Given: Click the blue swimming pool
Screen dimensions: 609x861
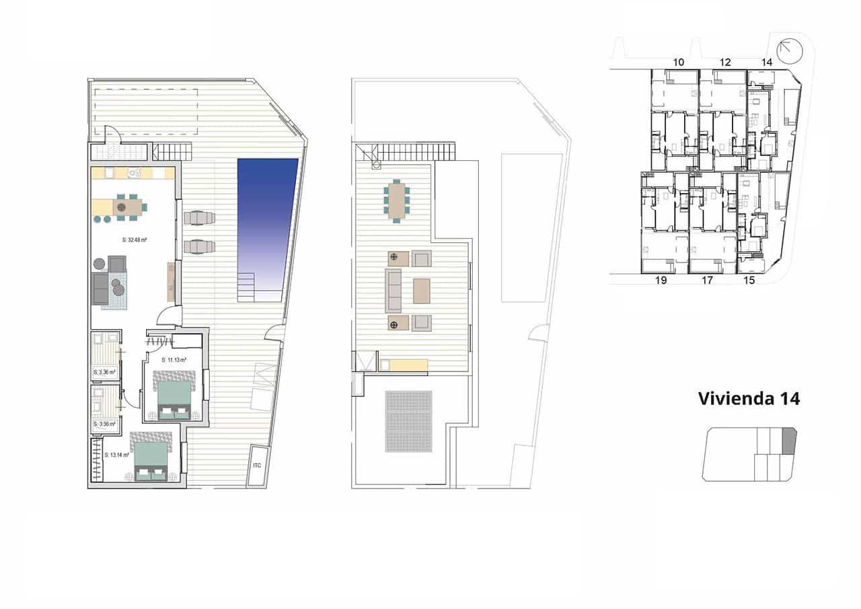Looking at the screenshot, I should coord(267,215).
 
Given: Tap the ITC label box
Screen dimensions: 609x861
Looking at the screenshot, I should coord(257,465).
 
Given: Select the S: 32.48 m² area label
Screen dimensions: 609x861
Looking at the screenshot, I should coord(135,240).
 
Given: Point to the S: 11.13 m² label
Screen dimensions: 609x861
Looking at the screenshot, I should coord(174,360).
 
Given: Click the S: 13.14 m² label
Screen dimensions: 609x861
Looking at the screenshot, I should coord(117,455).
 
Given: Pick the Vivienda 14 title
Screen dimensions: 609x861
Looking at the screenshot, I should coord(749,398).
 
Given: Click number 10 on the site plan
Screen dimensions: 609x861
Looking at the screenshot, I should coord(679,63).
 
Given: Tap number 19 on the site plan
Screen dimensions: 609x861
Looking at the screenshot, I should coord(661,281).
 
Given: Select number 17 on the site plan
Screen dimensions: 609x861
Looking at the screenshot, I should coord(707,281).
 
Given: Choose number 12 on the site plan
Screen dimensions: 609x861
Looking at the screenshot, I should coord(725,63).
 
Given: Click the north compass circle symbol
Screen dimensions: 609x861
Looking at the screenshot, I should coord(789,51).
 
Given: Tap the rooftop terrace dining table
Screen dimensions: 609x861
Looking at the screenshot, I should coord(397,201).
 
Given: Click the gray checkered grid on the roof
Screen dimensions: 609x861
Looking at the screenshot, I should coord(408,421).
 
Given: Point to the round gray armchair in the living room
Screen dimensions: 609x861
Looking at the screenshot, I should coord(99,263).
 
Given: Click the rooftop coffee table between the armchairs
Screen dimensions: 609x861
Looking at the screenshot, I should coord(422,291).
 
